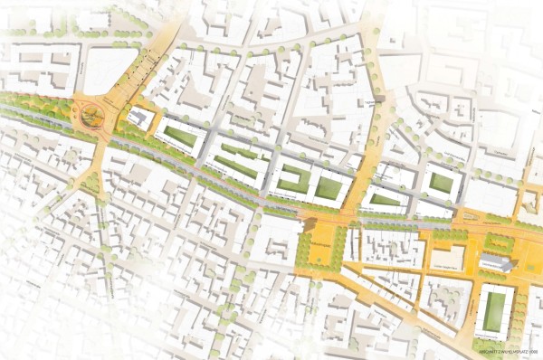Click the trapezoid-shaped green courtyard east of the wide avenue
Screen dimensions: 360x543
point(386,199)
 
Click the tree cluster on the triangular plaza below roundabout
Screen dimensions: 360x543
point(91,184)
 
